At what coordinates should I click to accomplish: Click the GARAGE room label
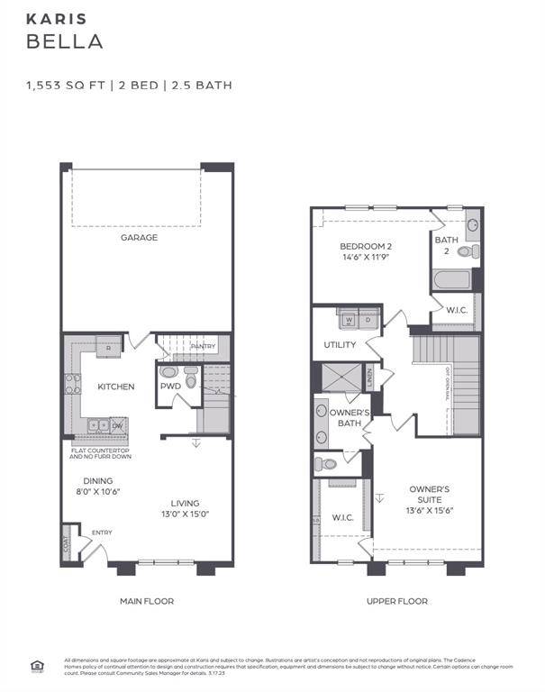140,238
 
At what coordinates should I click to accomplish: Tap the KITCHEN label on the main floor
116,387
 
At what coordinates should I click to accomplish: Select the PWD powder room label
170,387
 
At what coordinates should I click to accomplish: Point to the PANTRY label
203,346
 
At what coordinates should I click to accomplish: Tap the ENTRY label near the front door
102,533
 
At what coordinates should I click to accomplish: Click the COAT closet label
67,544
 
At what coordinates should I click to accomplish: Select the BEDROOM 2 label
366,246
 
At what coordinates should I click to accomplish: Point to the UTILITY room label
341,345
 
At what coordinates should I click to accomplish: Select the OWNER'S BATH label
345,417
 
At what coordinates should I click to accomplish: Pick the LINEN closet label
369,377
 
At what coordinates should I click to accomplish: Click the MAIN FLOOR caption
147,601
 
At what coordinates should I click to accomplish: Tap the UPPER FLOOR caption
397,601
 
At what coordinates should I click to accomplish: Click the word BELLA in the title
64,41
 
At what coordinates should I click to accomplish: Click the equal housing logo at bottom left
37,666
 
